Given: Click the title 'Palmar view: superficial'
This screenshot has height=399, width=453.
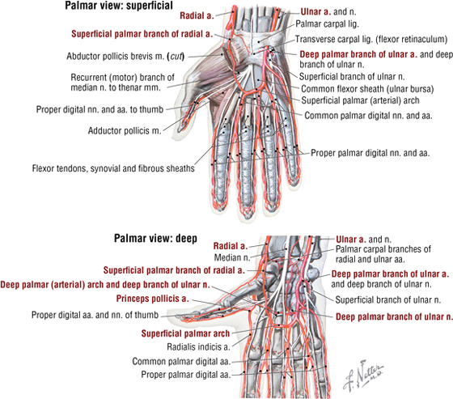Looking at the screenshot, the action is pyautogui.click(x=119, y=6).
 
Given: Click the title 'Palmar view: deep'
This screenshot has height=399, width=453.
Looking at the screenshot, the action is pyautogui.click(x=155, y=239).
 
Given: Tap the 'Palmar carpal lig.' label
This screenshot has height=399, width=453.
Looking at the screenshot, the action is pyautogui.click(x=327, y=23).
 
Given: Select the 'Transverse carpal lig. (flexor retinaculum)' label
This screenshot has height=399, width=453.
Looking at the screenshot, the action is pyautogui.click(x=371, y=40).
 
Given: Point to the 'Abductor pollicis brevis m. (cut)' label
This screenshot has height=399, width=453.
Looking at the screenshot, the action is pyautogui.click(x=125, y=56).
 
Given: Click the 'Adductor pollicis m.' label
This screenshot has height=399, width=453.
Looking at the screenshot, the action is pyautogui.click(x=125, y=131).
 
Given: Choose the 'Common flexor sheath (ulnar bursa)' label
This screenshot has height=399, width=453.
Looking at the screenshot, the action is pyautogui.click(x=367, y=89).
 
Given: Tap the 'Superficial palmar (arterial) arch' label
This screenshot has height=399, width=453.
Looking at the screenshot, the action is pyautogui.click(x=360, y=100).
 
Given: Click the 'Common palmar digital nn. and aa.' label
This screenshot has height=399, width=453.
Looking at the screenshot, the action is pyautogui.click(x=368, y=116).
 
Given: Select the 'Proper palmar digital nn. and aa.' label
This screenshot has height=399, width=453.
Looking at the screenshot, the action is pyautogui.click(x=370, y=153).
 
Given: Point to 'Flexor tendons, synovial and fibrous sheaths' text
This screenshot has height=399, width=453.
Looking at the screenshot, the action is pyautogui.click(x=113, y=168).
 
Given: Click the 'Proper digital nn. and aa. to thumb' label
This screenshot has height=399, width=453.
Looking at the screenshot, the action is pyautogui.click(x=99, y=109).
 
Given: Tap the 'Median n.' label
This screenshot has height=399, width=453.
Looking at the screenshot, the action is pyautogui.click(x=232, y=257).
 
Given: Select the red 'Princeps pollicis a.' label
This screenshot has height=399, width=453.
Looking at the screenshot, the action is pyautogui.click(x=152, y=299).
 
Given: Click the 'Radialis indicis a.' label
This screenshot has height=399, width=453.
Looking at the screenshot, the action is pyautogui.click(x=198, y=346).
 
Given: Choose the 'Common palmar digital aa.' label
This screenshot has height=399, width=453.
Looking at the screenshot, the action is pyautogui.click(x=181, y=362).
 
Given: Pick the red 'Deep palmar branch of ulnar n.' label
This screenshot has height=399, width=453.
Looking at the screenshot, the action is pyautogui.click(x=394, y=317).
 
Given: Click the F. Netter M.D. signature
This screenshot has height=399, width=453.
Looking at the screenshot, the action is pyautogui.click(x=364, y=376).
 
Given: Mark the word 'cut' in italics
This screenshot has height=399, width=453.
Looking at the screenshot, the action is pyautogui.click(x=176, y=56).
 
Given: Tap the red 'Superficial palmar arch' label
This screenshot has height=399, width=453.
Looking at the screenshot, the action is pyautogui.click(x=185, y=333).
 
